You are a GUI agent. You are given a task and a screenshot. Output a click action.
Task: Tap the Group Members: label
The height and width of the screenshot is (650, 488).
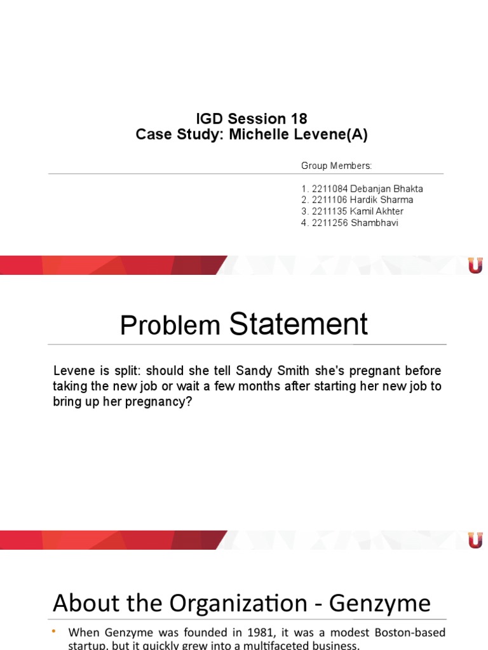pyautogui.click(x=336, y=166)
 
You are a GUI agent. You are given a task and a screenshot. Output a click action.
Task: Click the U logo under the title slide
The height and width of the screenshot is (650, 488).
pyautogui.click(x=475, y=265)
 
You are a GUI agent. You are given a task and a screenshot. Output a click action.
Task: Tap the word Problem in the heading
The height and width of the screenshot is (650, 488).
pyautogui.click(x=170, y=326)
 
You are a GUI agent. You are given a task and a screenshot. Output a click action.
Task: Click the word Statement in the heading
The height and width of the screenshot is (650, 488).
pyautogui.click(x=298, y=324)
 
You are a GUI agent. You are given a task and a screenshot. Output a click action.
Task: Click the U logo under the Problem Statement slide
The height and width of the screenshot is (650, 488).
pyautogui.click(x=475, y=540)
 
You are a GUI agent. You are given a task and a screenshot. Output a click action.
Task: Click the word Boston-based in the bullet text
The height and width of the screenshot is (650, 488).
pyautogui.click(x=411, y=632)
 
